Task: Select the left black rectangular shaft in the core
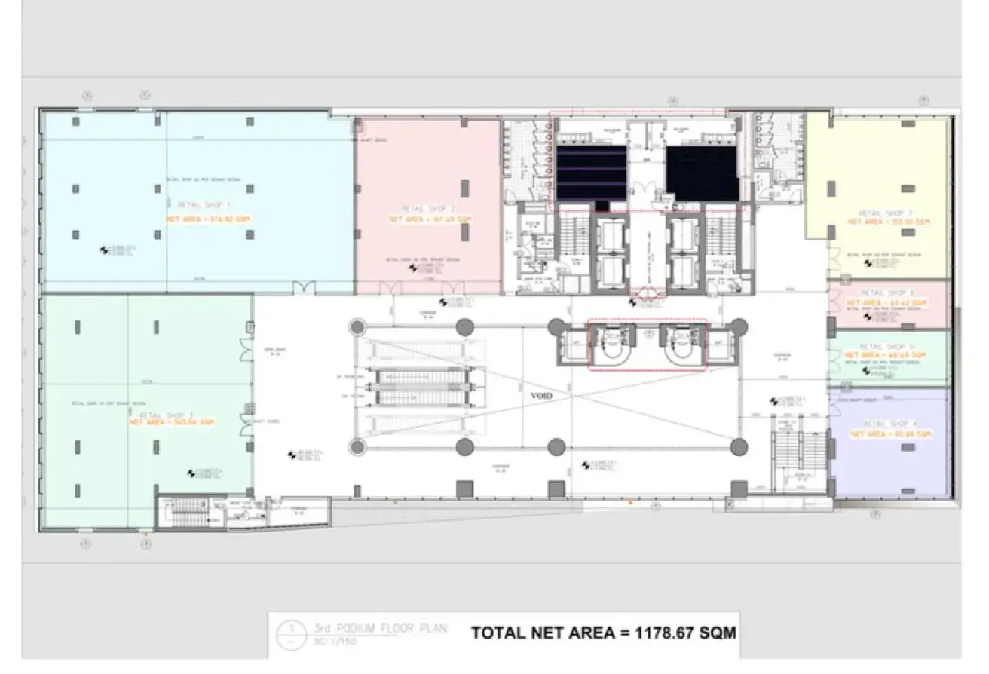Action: (x=591, y=173)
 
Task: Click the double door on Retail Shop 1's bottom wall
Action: (x=302, y=287)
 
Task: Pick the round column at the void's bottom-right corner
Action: (x=739, y=446)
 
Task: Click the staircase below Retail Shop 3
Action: (x=184, y=513)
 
